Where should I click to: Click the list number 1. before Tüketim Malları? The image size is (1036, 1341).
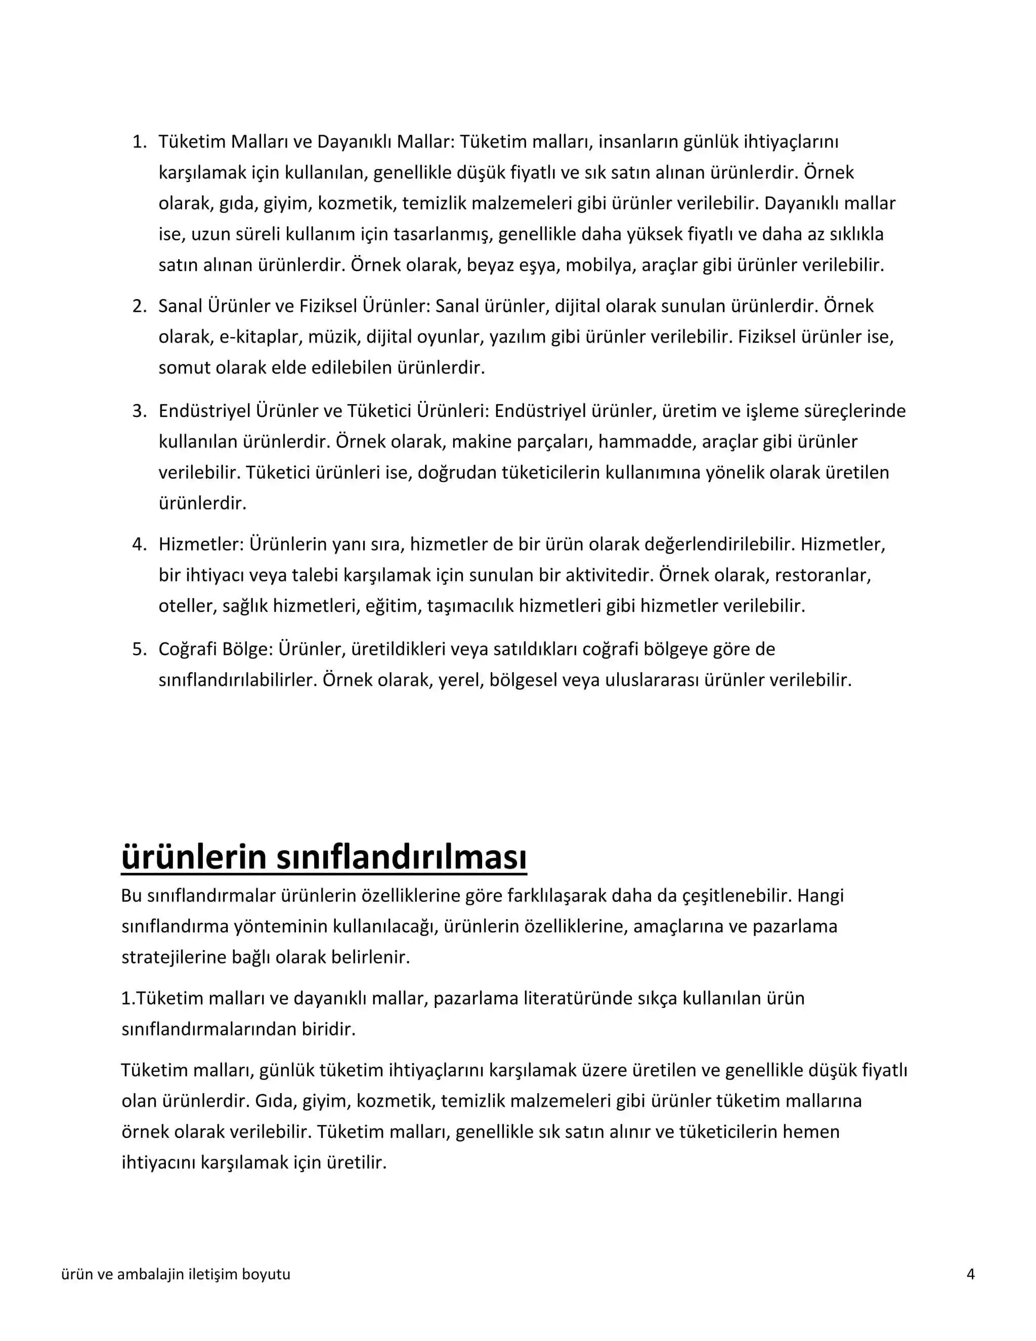coord(139,142)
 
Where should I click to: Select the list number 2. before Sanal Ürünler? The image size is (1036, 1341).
coord(139,306)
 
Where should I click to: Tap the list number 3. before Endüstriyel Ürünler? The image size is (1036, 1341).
coord(139,411)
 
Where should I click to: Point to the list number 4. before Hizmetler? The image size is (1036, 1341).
coord(139,544)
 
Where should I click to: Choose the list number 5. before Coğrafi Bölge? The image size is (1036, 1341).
coord(139,649)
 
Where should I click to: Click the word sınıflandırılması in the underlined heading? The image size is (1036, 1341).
coord(401,857)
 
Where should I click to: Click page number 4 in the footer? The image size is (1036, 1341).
coord(970,1274)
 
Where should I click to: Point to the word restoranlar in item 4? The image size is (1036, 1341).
coord(823,576)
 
